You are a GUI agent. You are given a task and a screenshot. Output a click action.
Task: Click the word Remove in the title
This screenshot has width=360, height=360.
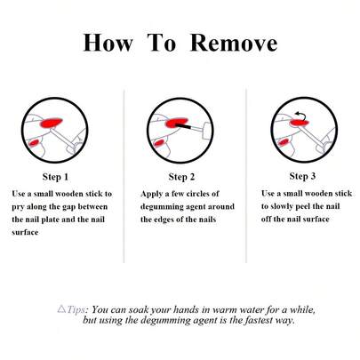(234, 43)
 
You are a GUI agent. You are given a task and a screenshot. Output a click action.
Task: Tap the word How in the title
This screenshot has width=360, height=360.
(108, 43)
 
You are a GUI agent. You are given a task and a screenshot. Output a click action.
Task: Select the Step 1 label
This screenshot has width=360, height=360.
(55, 177)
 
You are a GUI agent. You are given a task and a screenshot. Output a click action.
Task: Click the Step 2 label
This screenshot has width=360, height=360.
(181, 177)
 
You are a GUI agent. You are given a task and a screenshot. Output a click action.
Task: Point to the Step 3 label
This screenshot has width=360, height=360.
(302, 176)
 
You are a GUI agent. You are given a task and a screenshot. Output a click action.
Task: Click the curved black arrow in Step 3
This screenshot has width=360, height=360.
(300, 115)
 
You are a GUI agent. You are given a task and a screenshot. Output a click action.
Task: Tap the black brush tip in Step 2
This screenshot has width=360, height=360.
(183, 126)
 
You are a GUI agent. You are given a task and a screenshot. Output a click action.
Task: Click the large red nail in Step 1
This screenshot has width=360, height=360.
(52, 122)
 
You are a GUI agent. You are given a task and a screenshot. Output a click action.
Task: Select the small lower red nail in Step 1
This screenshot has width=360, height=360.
(34, 143)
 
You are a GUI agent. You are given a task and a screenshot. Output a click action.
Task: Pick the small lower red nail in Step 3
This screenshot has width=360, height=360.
(284, 142)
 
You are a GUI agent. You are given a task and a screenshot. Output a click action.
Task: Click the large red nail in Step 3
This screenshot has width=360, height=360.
(299, 123)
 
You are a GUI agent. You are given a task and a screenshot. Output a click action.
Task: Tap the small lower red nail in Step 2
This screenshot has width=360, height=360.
(159, 143)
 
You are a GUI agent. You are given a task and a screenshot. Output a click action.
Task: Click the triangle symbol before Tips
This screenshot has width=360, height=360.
(61, 309)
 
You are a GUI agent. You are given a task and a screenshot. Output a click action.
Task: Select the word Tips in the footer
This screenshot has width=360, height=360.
(76, 310)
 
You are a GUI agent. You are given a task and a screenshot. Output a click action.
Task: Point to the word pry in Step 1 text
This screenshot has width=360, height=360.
(18, 207)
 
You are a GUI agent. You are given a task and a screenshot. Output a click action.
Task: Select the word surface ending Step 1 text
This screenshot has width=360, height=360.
(25, 233)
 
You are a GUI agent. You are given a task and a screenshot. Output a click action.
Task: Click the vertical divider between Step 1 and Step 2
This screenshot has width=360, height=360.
(124, 175)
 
